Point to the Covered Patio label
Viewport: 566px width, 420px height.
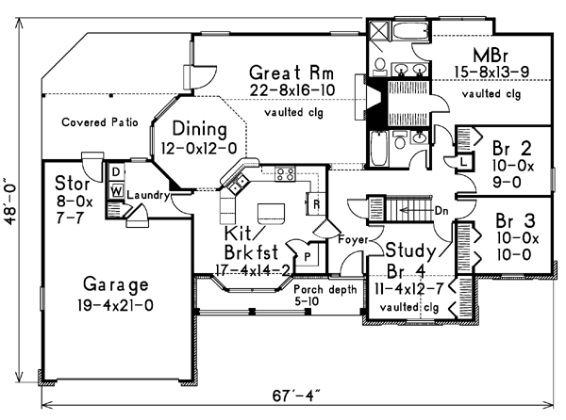tap(100, 122)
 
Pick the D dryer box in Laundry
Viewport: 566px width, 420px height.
tap(115, 172)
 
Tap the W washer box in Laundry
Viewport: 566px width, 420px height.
tap(115, 190)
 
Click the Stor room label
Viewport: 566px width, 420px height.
tap(72, 182)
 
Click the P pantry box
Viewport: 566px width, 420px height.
tap(308, 254)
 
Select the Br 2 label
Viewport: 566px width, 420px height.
tap(513, 147)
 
